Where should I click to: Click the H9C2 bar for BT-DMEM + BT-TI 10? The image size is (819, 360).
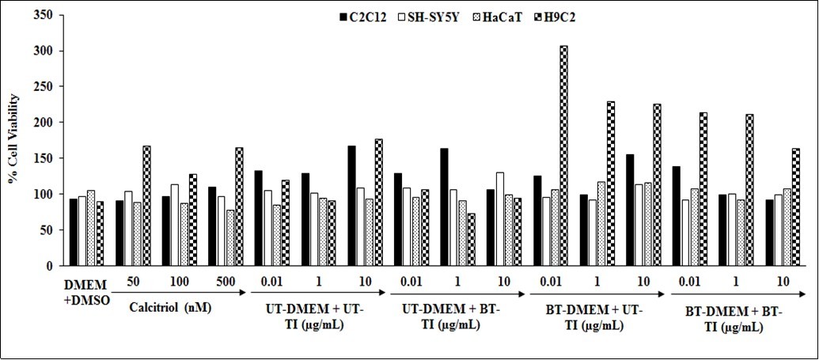[x=795, y=207]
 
